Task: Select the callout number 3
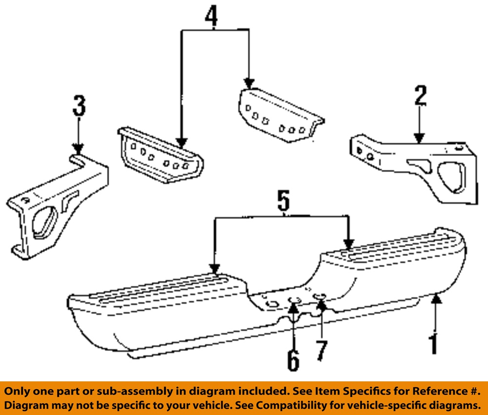[x=79, y=106]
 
